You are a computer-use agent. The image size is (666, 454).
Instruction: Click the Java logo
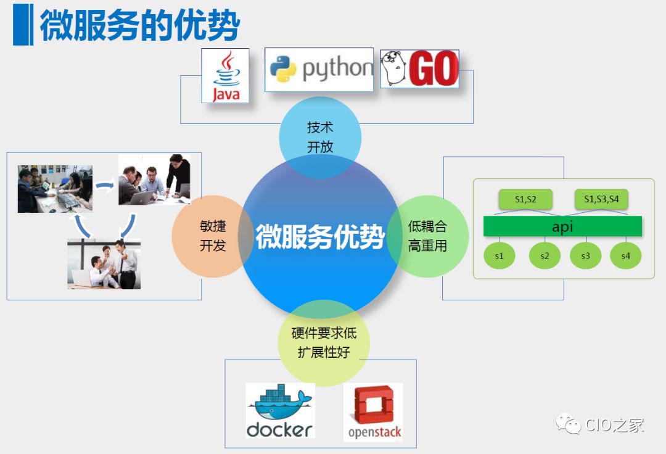pos(225,75)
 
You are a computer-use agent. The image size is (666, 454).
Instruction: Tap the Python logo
pos(319,70)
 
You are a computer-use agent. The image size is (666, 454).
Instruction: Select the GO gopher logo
pos(419,68)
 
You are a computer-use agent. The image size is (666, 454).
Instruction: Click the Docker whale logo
pos(280,410)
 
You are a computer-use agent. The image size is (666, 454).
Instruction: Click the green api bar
pos(562,226)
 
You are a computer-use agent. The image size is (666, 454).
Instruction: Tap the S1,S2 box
pos(525,199)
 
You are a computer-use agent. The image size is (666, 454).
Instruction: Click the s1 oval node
pos(499,255)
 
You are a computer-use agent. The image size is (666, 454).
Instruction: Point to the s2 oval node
pos(545,255)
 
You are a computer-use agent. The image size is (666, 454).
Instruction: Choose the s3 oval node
pos(585,255)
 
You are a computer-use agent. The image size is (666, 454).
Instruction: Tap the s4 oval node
pos(625,255)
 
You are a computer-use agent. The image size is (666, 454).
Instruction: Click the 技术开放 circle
pos(320,138)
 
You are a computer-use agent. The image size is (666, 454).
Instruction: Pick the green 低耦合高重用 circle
pos(427,236)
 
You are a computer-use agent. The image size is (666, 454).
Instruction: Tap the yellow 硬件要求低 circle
pos(324,343)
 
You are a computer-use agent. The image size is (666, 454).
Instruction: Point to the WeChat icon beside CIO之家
pos(568,424)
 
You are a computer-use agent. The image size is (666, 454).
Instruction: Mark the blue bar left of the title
pos(23,25)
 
